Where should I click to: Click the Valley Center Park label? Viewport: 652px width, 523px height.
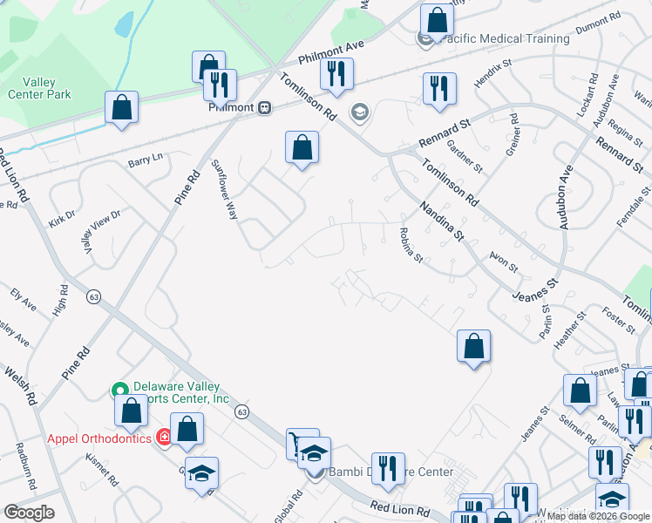(39, 88)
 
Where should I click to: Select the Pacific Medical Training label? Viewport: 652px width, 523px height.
(506, 38)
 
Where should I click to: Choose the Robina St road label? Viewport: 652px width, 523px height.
(410, 245)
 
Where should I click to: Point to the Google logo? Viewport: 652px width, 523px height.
(29, 513)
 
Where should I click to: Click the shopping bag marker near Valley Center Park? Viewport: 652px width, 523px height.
(121, 108)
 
